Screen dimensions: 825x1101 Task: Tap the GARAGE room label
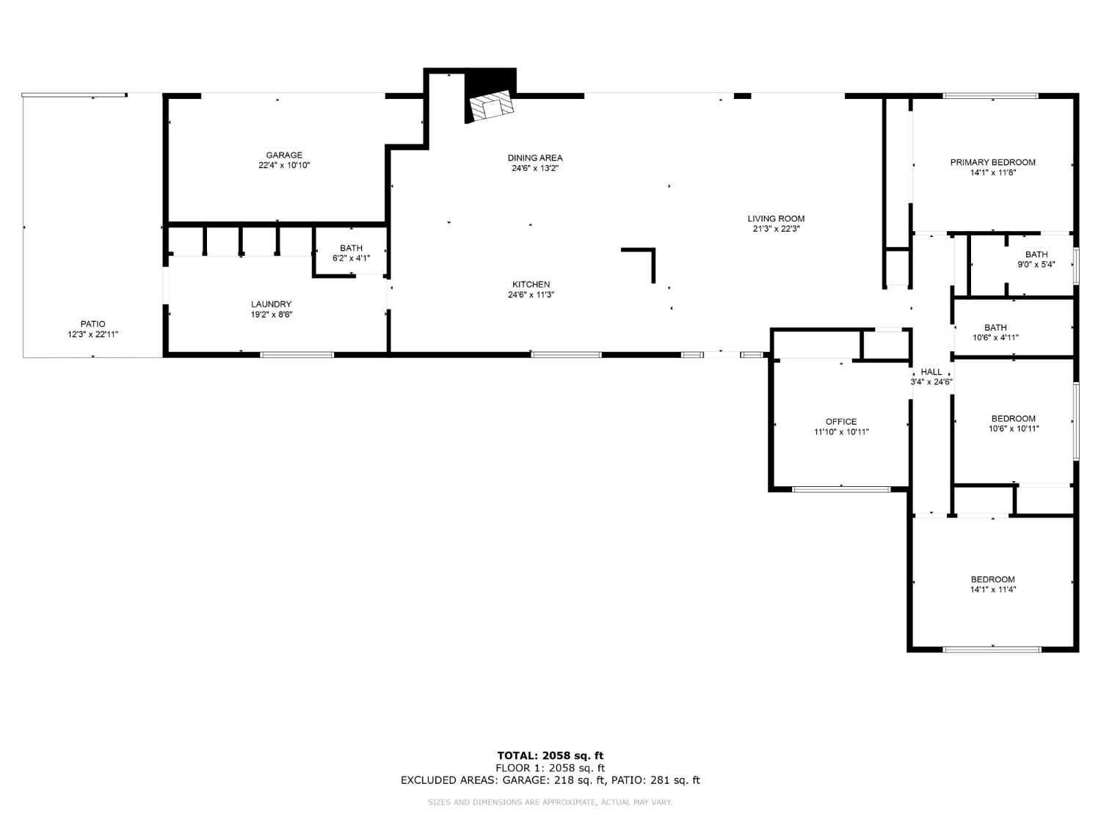pyautogui.click(x=284, y=155)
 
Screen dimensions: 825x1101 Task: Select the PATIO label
pyautogui.click(x=92, y=324)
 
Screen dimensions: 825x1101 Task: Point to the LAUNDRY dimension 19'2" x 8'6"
pyautogui.click(x=272, y=315)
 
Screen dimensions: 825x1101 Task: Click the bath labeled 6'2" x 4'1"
pyautogui.click(x=351, y=253)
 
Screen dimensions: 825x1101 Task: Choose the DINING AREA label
pyautogui.click(x=535, y=158)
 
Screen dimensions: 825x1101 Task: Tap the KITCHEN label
pyautogui.click(x=531, y=285)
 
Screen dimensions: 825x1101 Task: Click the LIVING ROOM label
pyautogui.click(x=776, y=219)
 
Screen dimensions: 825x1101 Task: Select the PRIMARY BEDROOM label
pyautogui.click(x=992, y=162)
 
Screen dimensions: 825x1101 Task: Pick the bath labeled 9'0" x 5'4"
pyautogui.click(x=1036, y=260)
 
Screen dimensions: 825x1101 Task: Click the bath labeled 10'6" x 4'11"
pyautogui.click(x=995, y=333)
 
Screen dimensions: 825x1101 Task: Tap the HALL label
pyautogui.click(x=931, y=372)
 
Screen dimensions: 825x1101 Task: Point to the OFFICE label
pyautogui.click(x=840, y=422)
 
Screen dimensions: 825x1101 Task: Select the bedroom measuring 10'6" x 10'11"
pyautogui.click(x=1013, y=424)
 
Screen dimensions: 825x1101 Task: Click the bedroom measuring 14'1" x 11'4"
pyautogui.click(x=992, y=584)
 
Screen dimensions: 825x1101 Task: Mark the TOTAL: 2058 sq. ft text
pyautogui.click(x=550, y=755)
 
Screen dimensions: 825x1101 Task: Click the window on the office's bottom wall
pyautogui.click(x=841, y=489)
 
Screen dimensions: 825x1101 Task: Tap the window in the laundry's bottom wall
pyautogui.click(x=297, y=355)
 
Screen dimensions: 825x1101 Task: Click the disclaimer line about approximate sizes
pyautogui.click(x=550, y=802)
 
